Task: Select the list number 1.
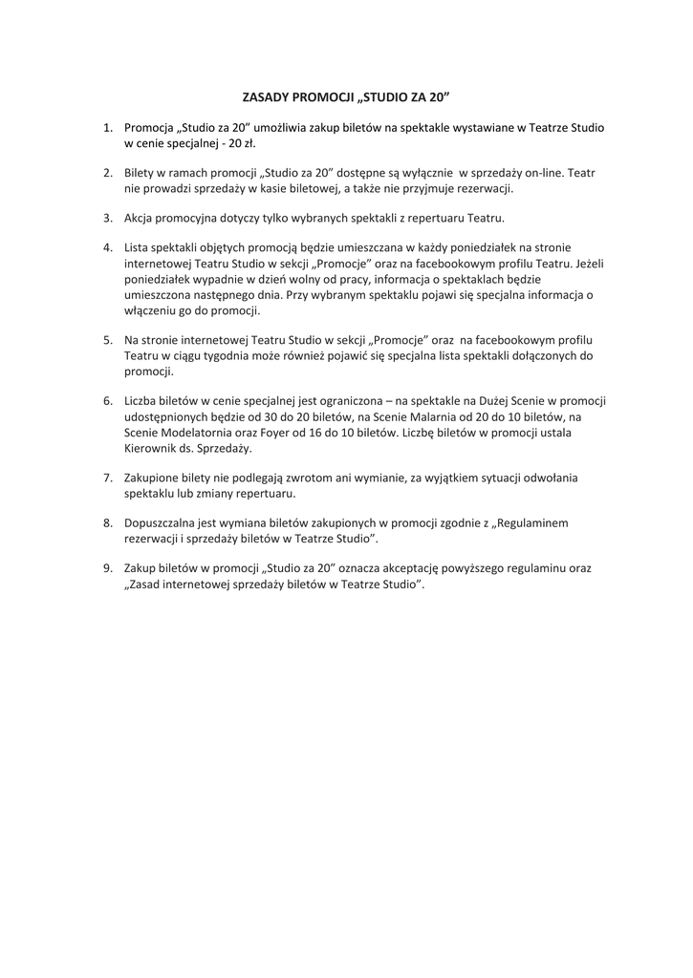coord(107,127)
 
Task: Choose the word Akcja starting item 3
coord(141,218)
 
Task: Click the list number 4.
coord(107,248)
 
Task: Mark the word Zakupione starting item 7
coord(154,478)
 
